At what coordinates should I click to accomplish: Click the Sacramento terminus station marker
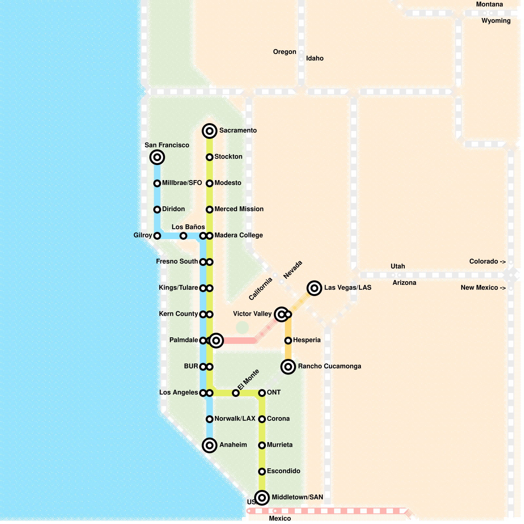pyautogui.click(x=210, y=131)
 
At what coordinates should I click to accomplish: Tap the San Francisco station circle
pyautogui.click(x=157, y=157)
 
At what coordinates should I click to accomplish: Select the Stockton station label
pyautogui.click(x=228, y=157)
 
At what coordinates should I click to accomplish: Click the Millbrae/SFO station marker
pyautogui.click(x=157, y=183)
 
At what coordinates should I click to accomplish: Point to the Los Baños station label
pyautogui.click(x=188, y=227)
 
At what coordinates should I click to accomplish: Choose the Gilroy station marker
pyautogui.click(x=157, y=236)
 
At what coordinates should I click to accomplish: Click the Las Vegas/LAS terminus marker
pyautogui.click(x=314, y=288)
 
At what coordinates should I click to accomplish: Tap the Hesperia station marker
pyautogui.click(x=288, y=341)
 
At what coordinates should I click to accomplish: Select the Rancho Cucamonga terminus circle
pyautogui.click(x=288, y=367)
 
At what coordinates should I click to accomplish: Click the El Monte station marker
pyautogui.click(x=236, y=393)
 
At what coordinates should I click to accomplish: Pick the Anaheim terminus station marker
pyautogui.click(x=210, y=445)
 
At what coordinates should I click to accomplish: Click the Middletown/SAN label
pyautogui.click(x=297, y=497)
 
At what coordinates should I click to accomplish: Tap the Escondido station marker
pyautogui.click(x=262, y=472)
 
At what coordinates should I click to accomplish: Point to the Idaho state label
pyautogui.click(x=315, y=58)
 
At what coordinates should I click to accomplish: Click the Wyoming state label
pyautogui.click(x=496, y=21)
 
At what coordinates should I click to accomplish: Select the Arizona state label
pyautogui.click(x=404, y=283)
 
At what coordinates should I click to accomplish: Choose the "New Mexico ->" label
pyautogui.click(x=483, y=288)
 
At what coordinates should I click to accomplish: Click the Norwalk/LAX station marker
pyautogui.click(x=210, y=419)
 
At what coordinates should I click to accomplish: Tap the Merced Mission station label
pyautogui.click(x=239, y=209)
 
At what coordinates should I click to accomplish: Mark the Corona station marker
pyautogui.click(x=262, y=419)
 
